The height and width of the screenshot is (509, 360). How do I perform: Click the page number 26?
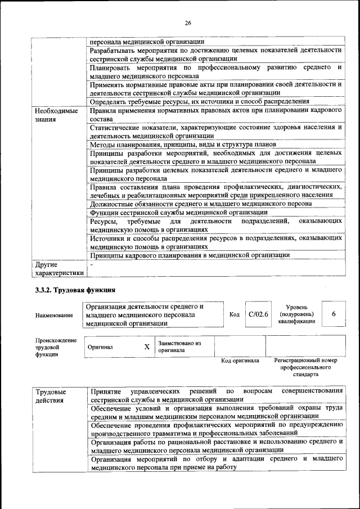tap(187, 23)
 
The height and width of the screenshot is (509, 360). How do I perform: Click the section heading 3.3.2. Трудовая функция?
tap(75, 290)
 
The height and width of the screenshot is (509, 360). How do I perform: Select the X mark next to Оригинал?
tap(147, 347)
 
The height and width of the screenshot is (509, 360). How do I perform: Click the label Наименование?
tap(54, 316)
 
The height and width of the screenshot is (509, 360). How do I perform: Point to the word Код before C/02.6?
tap(235, 314)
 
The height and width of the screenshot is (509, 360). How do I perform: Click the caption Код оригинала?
tap(240, 361)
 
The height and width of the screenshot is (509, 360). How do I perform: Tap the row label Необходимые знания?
tap(57, 115)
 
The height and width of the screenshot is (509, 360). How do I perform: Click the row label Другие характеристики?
tap(60, 268)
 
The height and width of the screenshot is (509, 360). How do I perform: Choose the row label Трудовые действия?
tap(51, 395)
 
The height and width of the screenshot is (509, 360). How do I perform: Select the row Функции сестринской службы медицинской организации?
tap(179, 213)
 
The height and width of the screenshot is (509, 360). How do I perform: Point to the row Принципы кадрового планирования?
tap(190, 255)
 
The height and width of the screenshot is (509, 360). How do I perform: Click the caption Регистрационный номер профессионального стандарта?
tap(305, 366)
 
